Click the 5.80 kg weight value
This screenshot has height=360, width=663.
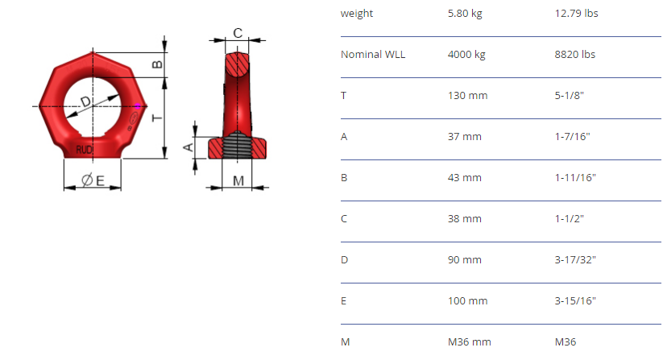465,14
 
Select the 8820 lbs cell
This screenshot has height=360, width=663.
575,55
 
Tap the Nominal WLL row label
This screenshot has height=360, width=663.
373,55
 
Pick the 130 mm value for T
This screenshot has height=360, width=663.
468,96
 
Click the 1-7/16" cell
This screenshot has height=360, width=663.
572,136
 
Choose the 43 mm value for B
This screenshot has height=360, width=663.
465,177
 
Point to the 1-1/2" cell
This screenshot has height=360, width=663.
569,218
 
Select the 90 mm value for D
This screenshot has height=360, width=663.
465,259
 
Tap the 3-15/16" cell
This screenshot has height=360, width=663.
575,300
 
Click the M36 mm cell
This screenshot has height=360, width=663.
470,341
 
